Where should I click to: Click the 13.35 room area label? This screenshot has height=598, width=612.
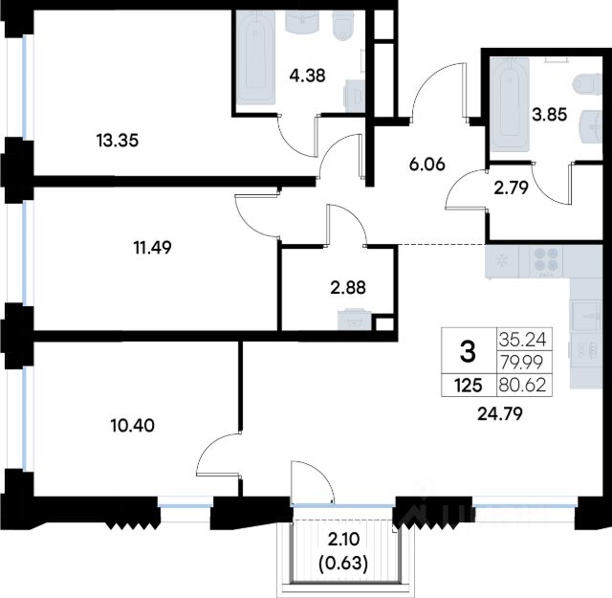tap(118, 141)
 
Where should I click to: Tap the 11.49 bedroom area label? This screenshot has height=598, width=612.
tap(153, 247)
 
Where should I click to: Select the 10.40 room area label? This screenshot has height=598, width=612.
tap(133, 425)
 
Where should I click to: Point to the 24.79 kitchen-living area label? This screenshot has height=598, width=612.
tap(500, 413)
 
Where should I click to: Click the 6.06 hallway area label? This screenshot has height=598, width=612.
tap(427, 165)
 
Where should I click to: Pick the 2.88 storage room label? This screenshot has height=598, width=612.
tap(348, 288)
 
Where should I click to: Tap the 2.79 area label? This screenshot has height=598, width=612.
tap(511, 188)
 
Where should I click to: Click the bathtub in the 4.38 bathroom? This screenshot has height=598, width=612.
tap(255, 57)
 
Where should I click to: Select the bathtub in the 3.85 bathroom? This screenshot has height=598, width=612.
tap(510, 104)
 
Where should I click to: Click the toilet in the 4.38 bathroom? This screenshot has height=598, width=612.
tap(343, 26)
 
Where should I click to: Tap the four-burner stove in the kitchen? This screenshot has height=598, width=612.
tap(546, 261)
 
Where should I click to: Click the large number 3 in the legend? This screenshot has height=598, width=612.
tap(468, 351)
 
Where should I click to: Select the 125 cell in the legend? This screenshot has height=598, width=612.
tap(469, 386)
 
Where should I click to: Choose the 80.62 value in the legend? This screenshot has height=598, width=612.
tap(523, 386)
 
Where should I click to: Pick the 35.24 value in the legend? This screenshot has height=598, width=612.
tap(523, 340)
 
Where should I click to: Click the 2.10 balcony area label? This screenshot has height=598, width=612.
tap(344, 540)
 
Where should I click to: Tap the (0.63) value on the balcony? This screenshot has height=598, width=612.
tap(343, 564)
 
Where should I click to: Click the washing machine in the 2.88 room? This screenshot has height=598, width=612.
tap(355, 320)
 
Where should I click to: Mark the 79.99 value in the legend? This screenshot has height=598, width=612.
tap(521, 363)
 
